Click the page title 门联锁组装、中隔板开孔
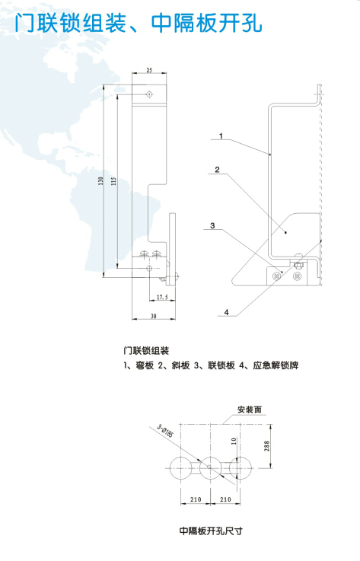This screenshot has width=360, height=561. (138, 24)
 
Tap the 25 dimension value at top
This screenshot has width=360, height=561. (149, 70)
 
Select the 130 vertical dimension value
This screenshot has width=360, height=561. (101, 180)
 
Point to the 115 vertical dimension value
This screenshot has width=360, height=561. (114, 180)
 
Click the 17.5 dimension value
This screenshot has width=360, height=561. (162, 297)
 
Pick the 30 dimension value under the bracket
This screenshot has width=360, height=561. (154, 317)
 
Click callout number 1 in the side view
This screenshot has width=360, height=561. (221, 135)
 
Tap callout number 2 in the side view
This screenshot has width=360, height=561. (217, 170)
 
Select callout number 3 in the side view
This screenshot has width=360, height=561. (212, 225)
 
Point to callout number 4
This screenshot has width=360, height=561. (227, 312)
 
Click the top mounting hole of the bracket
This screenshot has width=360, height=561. (149, 94)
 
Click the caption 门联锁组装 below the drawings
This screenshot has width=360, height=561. (146, 351)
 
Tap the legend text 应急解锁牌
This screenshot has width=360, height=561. (276, 365)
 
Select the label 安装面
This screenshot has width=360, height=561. (250, 410)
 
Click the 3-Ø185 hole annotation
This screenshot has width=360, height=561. (165, 431)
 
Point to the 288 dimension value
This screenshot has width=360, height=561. (267, 446)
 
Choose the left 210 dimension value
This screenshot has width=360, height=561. (196, 499)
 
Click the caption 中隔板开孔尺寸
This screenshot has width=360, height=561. (211, 531)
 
